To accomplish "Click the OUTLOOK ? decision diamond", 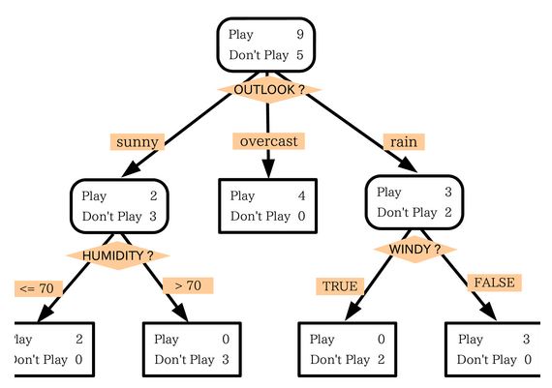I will [x=268, y=89].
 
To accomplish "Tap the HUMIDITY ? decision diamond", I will [x=117, y=255].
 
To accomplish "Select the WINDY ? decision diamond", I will [x=414, y=249].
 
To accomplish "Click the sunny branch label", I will [x=137, y=141].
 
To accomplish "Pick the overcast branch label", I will [x=268, y=141].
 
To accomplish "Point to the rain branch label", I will [x=402, y=141].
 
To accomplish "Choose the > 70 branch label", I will [x=188, y=285].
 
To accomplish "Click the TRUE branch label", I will [x=339, y=285].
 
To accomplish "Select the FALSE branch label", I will [x=493, y=283].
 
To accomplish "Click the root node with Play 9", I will [x=266, y=45].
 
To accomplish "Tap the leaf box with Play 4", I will [x=267, y=205].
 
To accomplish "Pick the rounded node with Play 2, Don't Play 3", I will [x=119, y=205].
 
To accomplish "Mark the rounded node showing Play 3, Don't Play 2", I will [x=414, y=201].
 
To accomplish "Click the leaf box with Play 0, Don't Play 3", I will [x=193, y=348].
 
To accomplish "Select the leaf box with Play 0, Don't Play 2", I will [x=347, y=348].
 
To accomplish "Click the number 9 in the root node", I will [x=300, y=35].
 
